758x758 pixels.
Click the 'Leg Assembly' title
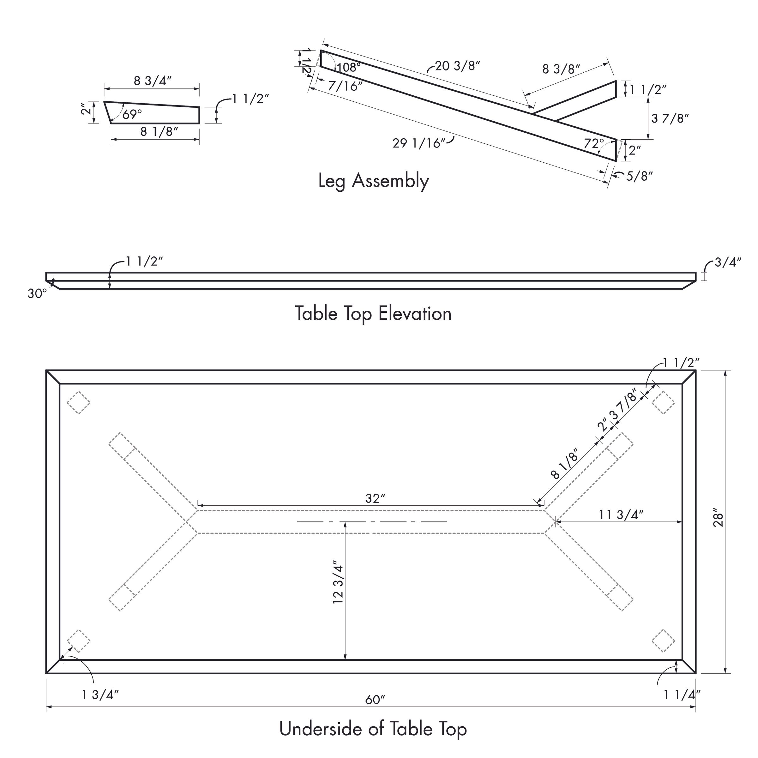(374, 181)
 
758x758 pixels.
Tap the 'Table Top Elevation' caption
(373, 314)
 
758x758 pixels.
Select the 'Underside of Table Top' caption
(373, 729)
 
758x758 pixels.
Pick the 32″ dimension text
(376, 498)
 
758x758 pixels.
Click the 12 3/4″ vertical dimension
(338, 584)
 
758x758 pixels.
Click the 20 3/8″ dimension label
(458, 66)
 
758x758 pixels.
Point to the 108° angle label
(349, 68)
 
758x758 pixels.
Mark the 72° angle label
(594, 144)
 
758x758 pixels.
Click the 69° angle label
(132, 114)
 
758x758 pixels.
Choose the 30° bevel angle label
(37, 293)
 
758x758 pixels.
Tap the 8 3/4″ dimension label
(153, 81)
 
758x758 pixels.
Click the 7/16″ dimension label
(346, 86)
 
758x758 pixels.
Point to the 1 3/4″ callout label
(100, 695)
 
